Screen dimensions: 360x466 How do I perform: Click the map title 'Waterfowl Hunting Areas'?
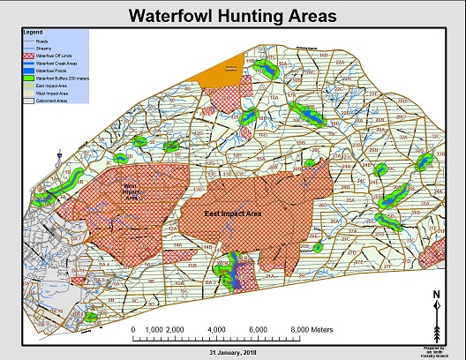pyautogui.click(x=232, y=16)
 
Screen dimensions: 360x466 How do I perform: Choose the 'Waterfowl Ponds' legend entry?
pyautogui.click(x=49, y=71)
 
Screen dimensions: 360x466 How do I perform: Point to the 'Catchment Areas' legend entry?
pyautogui.click(x=49, y=101)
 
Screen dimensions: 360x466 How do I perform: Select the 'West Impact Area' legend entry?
pyautogui.click(x=49, y=94)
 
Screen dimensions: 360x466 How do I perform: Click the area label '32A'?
pyautogui.click(x=402, y=138)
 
